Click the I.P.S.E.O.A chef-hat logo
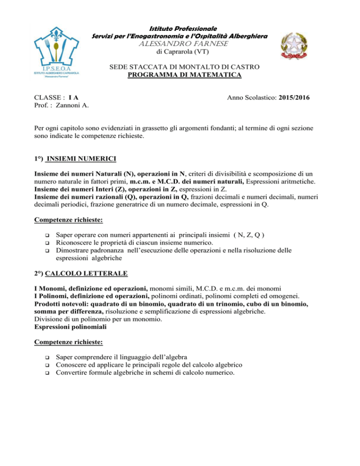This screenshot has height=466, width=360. [x=60, y=54]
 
